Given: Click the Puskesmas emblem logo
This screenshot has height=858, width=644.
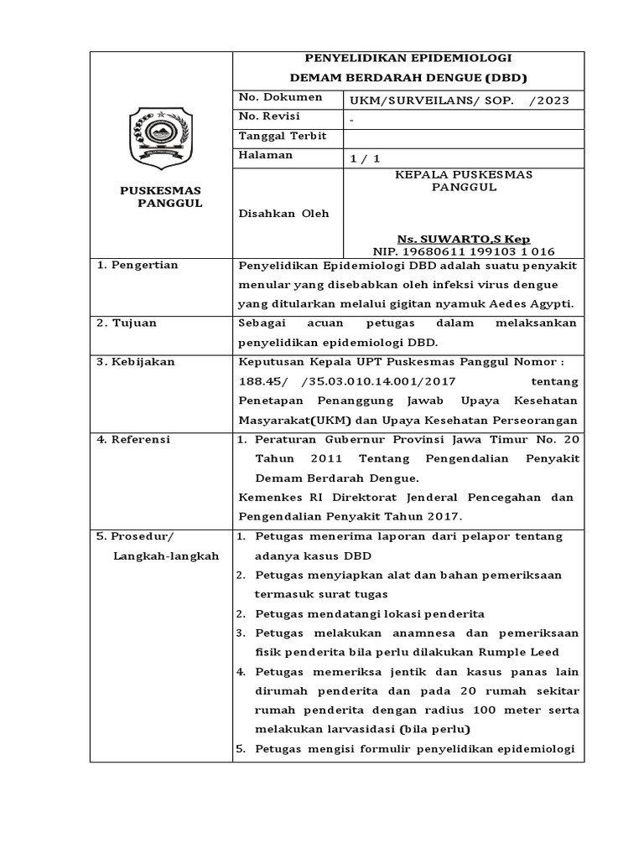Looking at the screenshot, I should pyautogui.click(x=160, y=137).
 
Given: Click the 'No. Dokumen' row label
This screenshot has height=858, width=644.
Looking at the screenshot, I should pyautogui.click(x=268, y=97).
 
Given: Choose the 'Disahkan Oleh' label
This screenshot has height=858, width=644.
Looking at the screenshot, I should pyautogui.click(x=283, y=214).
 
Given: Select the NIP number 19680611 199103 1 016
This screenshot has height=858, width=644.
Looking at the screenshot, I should pyautogui.click(x=464, y=251).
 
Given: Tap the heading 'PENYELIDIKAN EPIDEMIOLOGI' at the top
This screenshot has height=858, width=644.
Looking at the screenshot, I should pyautogui.click(x=408, y=58).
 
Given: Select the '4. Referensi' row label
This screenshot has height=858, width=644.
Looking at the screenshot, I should pyautogui.click(x=133, y=439).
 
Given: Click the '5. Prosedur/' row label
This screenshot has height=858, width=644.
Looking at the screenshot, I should pyautogui.click(x=133, y=536).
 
